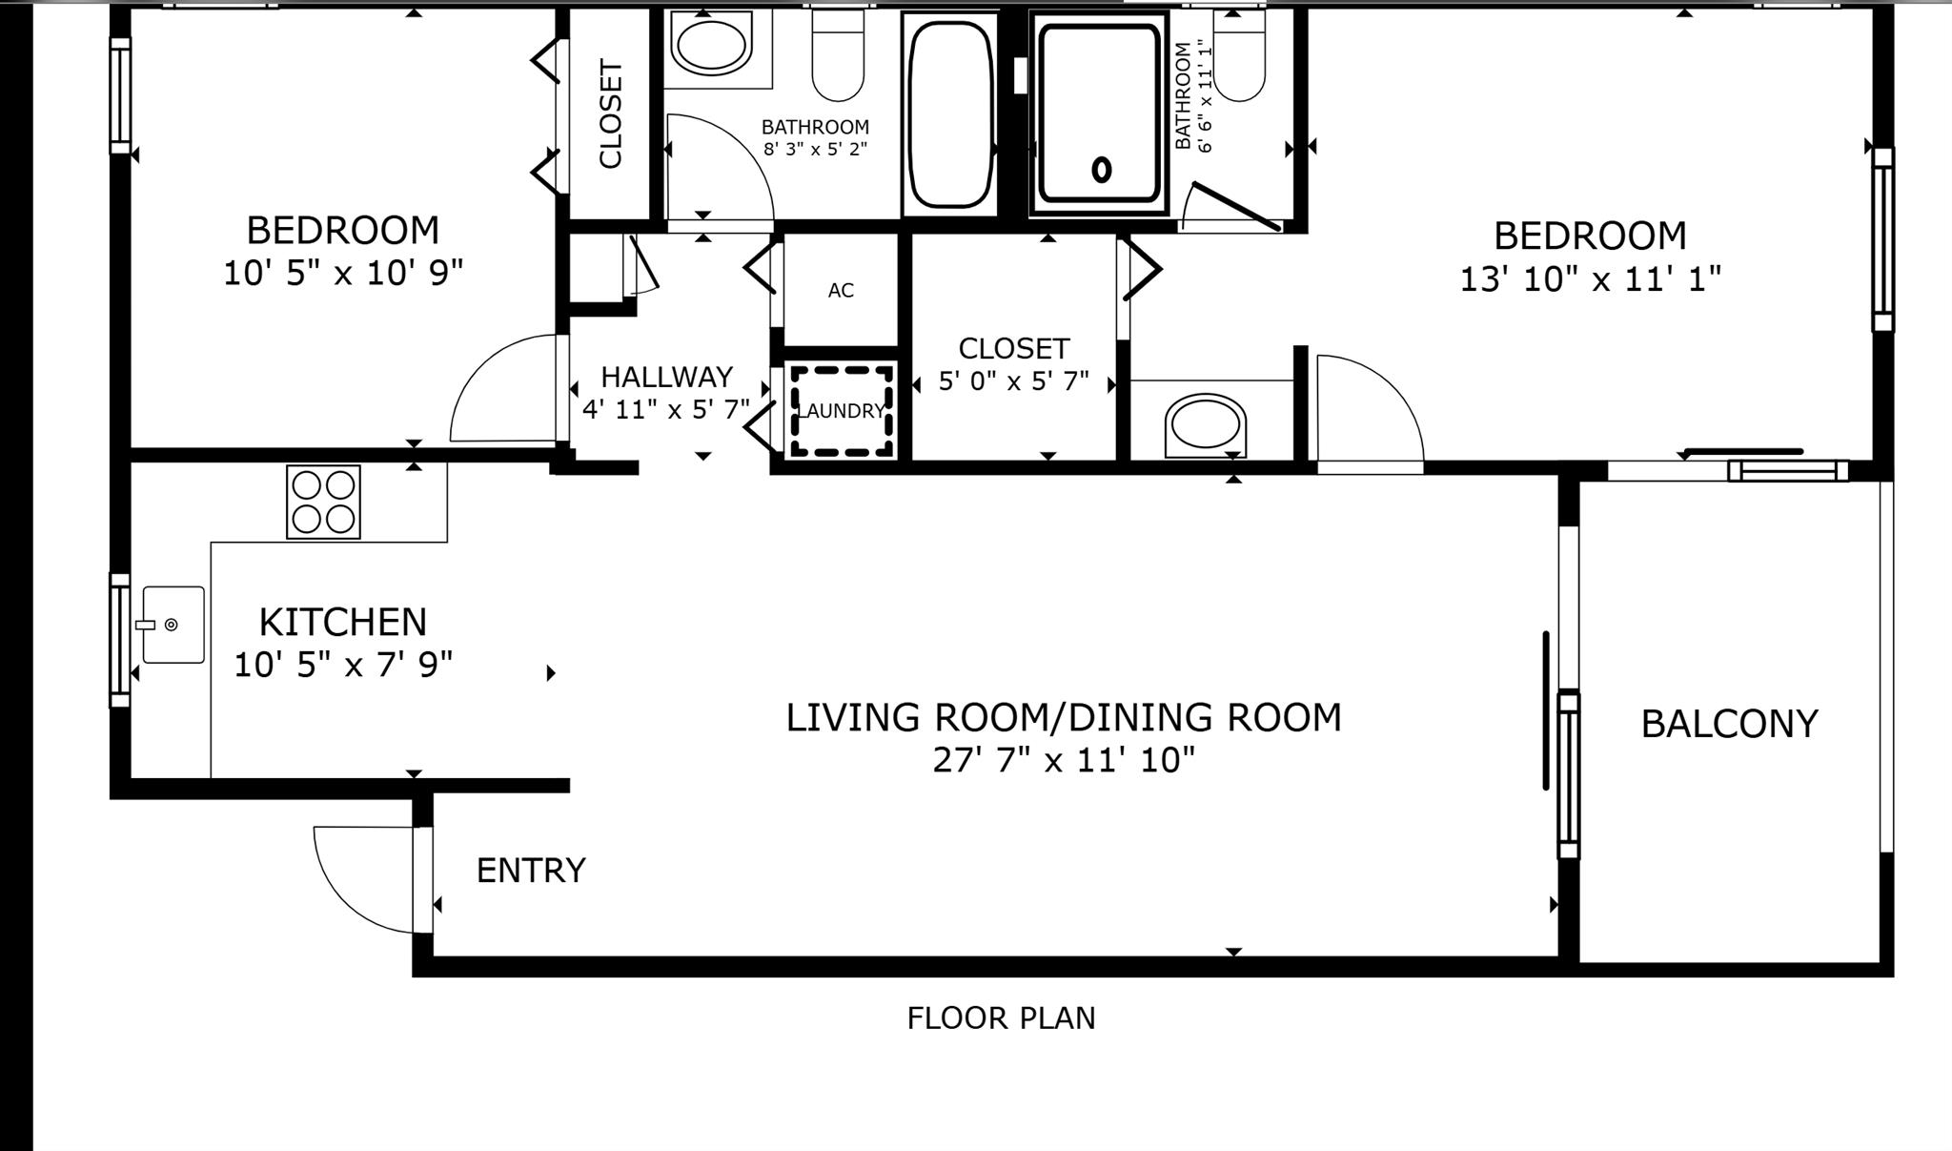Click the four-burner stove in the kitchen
pyautogui.click(x=323, y=502)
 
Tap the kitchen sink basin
pyautogui.click(x=173, y=625)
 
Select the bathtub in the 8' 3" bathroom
pyautogui.click(x=949, y=113)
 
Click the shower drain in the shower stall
pyautogui.click(x=1102, y=170)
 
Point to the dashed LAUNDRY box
pyautogui.click(x=841, y=411)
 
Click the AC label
pyautogui.click(x=841, y=291)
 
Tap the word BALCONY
pyautogui.click(x=1729, y=724)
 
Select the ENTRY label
pyautogui.click(x=531, y=871)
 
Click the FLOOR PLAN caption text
pyautogui.click(x=1001, y=1018)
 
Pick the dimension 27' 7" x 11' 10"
pyautogui.click(x=1063, y=761)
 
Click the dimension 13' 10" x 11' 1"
pyautogui.click(x=1590, y=279)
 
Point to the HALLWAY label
pyautogui.click(x=666, y=377)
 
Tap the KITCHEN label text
pyautogui.click(x=343, y=622)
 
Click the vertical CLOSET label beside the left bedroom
pyautogui.click(x=610, y=113)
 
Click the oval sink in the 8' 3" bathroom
pyautogui.click(x=710, y=45)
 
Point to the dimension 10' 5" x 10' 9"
pyautogui.click(x=343, y=274)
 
